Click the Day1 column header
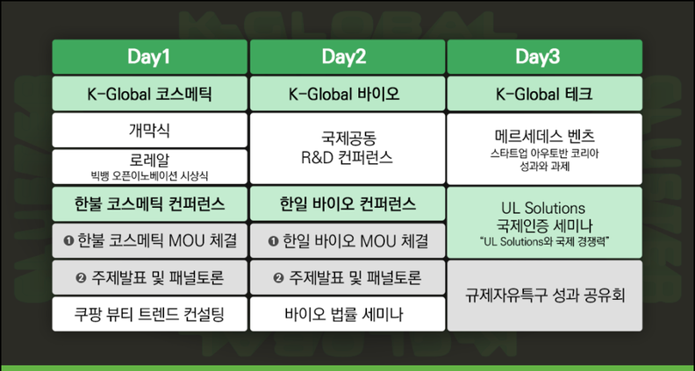(x=149, y=57)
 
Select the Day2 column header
(x=347, y=57)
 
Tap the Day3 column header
(x=545, y=57)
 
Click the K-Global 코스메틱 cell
(x=149, y=94)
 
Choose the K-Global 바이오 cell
(x=347, y=94)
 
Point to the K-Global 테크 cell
(x=545, y=94)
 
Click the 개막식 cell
(x=149, y=131)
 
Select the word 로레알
(x=149, y=161)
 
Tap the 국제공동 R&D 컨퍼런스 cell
(x=347, y=148)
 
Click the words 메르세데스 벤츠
(x=545, y=136)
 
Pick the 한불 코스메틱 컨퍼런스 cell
(x=149, y=203)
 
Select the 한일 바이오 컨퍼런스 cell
(x=347, y=203)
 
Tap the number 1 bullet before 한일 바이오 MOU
(x=273, y=240)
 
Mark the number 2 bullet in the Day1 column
(x=81, y=278)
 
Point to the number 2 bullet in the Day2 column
(x=278, y=278)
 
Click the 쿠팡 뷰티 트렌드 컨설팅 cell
(x=149, y=314)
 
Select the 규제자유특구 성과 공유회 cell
(x=545, y=296)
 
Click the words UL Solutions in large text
(x=543, y=208)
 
